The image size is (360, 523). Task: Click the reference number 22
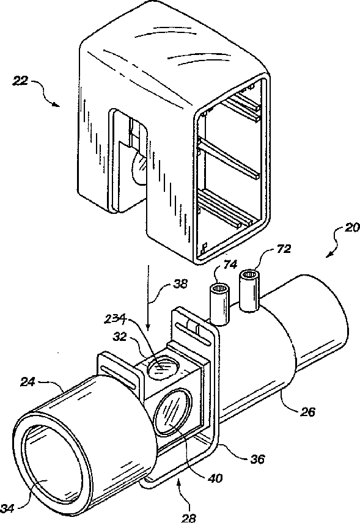point(20,81)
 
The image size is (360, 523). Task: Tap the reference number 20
point(351,228)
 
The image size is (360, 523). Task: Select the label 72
point(284,249)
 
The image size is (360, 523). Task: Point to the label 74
point(230,264)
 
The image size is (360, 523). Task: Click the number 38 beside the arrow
point(180,284)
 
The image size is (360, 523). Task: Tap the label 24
point(28,382)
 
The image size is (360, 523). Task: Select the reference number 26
point(307,412)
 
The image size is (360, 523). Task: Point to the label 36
point(257,459)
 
